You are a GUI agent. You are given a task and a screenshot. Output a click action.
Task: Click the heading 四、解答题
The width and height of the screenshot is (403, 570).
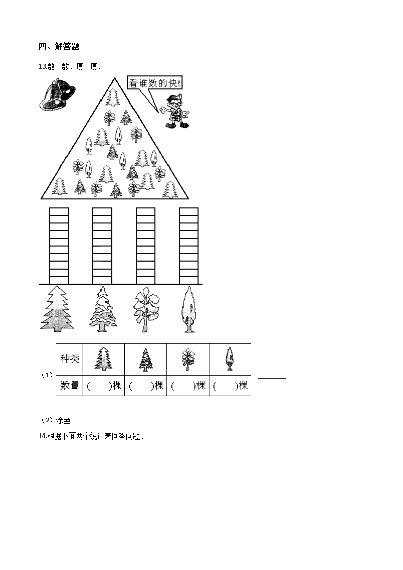click(59, 46)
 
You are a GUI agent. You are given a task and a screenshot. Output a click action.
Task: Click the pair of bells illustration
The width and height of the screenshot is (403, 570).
click(57, 94)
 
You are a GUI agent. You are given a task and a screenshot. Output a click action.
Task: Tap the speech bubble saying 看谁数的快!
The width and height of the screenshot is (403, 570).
click(154, 83)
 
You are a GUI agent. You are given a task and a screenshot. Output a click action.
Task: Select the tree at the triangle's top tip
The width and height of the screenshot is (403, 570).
click(113, 97)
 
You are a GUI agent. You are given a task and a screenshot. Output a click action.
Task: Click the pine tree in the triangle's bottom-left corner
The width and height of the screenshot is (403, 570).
click(59, 186)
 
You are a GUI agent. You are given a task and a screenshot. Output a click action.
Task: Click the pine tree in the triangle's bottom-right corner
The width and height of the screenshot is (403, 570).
click(170, 190)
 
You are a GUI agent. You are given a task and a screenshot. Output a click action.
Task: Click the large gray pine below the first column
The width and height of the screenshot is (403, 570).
click(57, 309)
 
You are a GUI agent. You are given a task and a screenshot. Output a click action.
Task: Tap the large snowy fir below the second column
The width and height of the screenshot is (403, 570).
click(103, 309)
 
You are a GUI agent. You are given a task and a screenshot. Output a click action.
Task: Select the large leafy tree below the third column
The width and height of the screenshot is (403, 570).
click(146, 309)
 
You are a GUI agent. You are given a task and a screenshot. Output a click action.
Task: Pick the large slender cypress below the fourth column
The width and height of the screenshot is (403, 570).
click(189, 309)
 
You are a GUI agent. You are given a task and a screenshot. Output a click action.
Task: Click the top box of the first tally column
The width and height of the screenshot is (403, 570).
click(59, 212)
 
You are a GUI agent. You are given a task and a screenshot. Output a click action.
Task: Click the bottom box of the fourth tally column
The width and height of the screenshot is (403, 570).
click(189, 280)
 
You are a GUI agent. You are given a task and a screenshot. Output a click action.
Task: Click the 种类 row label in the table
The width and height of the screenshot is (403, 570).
click(70, 359)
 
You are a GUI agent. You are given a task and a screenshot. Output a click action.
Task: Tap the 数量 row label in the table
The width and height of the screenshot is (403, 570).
click(70, 385)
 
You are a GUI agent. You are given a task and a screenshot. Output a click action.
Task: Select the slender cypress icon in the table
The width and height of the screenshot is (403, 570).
click(229, 358)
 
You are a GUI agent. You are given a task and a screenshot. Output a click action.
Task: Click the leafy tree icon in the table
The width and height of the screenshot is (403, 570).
click(188, 359)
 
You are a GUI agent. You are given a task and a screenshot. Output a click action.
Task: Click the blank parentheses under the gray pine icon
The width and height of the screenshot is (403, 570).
click(99, 386)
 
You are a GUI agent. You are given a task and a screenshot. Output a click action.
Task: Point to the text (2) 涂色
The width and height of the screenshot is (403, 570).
click(55, 421)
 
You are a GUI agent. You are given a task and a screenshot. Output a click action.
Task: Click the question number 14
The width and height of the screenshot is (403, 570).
click(42, 436)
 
